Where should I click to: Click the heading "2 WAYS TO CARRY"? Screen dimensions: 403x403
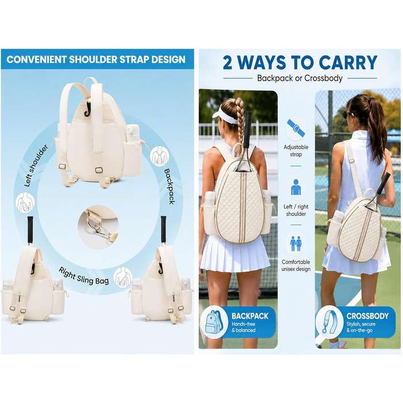click(300, 62)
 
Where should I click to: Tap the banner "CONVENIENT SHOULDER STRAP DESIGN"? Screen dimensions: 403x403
click(96, 59)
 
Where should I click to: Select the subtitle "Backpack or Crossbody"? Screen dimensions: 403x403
click(300, 78)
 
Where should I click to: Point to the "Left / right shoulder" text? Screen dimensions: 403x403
click(296, 210)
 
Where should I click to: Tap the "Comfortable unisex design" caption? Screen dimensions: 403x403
click(296, 265)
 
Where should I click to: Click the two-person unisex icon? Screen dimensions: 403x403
click(296, 244)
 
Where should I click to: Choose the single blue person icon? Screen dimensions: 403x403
click(296, 187)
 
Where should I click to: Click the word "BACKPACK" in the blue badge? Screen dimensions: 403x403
click(250, 316)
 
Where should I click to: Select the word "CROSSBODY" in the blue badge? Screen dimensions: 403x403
click(367, 316)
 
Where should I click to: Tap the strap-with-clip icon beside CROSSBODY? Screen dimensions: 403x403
click(329, 322)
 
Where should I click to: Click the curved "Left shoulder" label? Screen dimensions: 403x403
click(36, 166)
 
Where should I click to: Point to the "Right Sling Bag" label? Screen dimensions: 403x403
click(84, 276)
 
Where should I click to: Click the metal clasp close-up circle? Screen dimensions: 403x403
click(98, 227)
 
